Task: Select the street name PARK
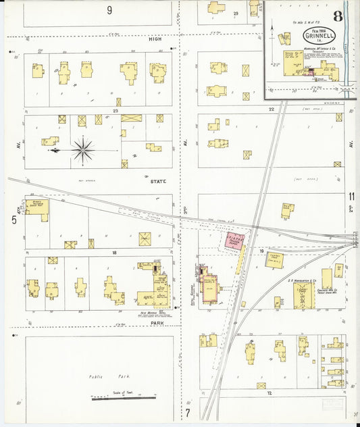pos(158,324)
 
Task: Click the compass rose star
pos(83,149)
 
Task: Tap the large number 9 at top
pos(109,10)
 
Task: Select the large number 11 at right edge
pos(351,197)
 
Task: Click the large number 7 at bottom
pos(188,411)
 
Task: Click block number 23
pos(116,111)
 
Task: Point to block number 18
pos(115,253)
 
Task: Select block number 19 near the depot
pos(261,251)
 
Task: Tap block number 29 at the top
pos(236,13)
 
